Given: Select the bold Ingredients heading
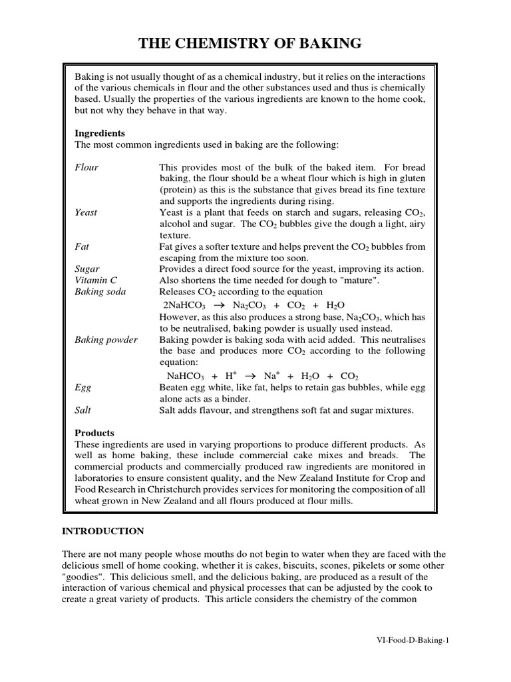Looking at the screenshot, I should coord(100,133).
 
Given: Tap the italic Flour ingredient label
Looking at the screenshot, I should coord(86,167).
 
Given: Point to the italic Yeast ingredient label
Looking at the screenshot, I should coord(86,212).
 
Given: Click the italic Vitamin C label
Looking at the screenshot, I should coord(96,280).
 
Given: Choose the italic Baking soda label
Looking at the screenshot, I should coord(100,292).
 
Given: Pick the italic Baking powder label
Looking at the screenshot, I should coord(106,340).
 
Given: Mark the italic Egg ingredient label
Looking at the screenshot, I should coord(83,386).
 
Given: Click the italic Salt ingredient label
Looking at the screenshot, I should coord(83,410).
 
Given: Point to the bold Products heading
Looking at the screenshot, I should coord(94,432).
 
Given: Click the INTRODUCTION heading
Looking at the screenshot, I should coord(102,531).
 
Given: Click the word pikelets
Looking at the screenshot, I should coord(379,565).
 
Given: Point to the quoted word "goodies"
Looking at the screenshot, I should coord(83,577).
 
